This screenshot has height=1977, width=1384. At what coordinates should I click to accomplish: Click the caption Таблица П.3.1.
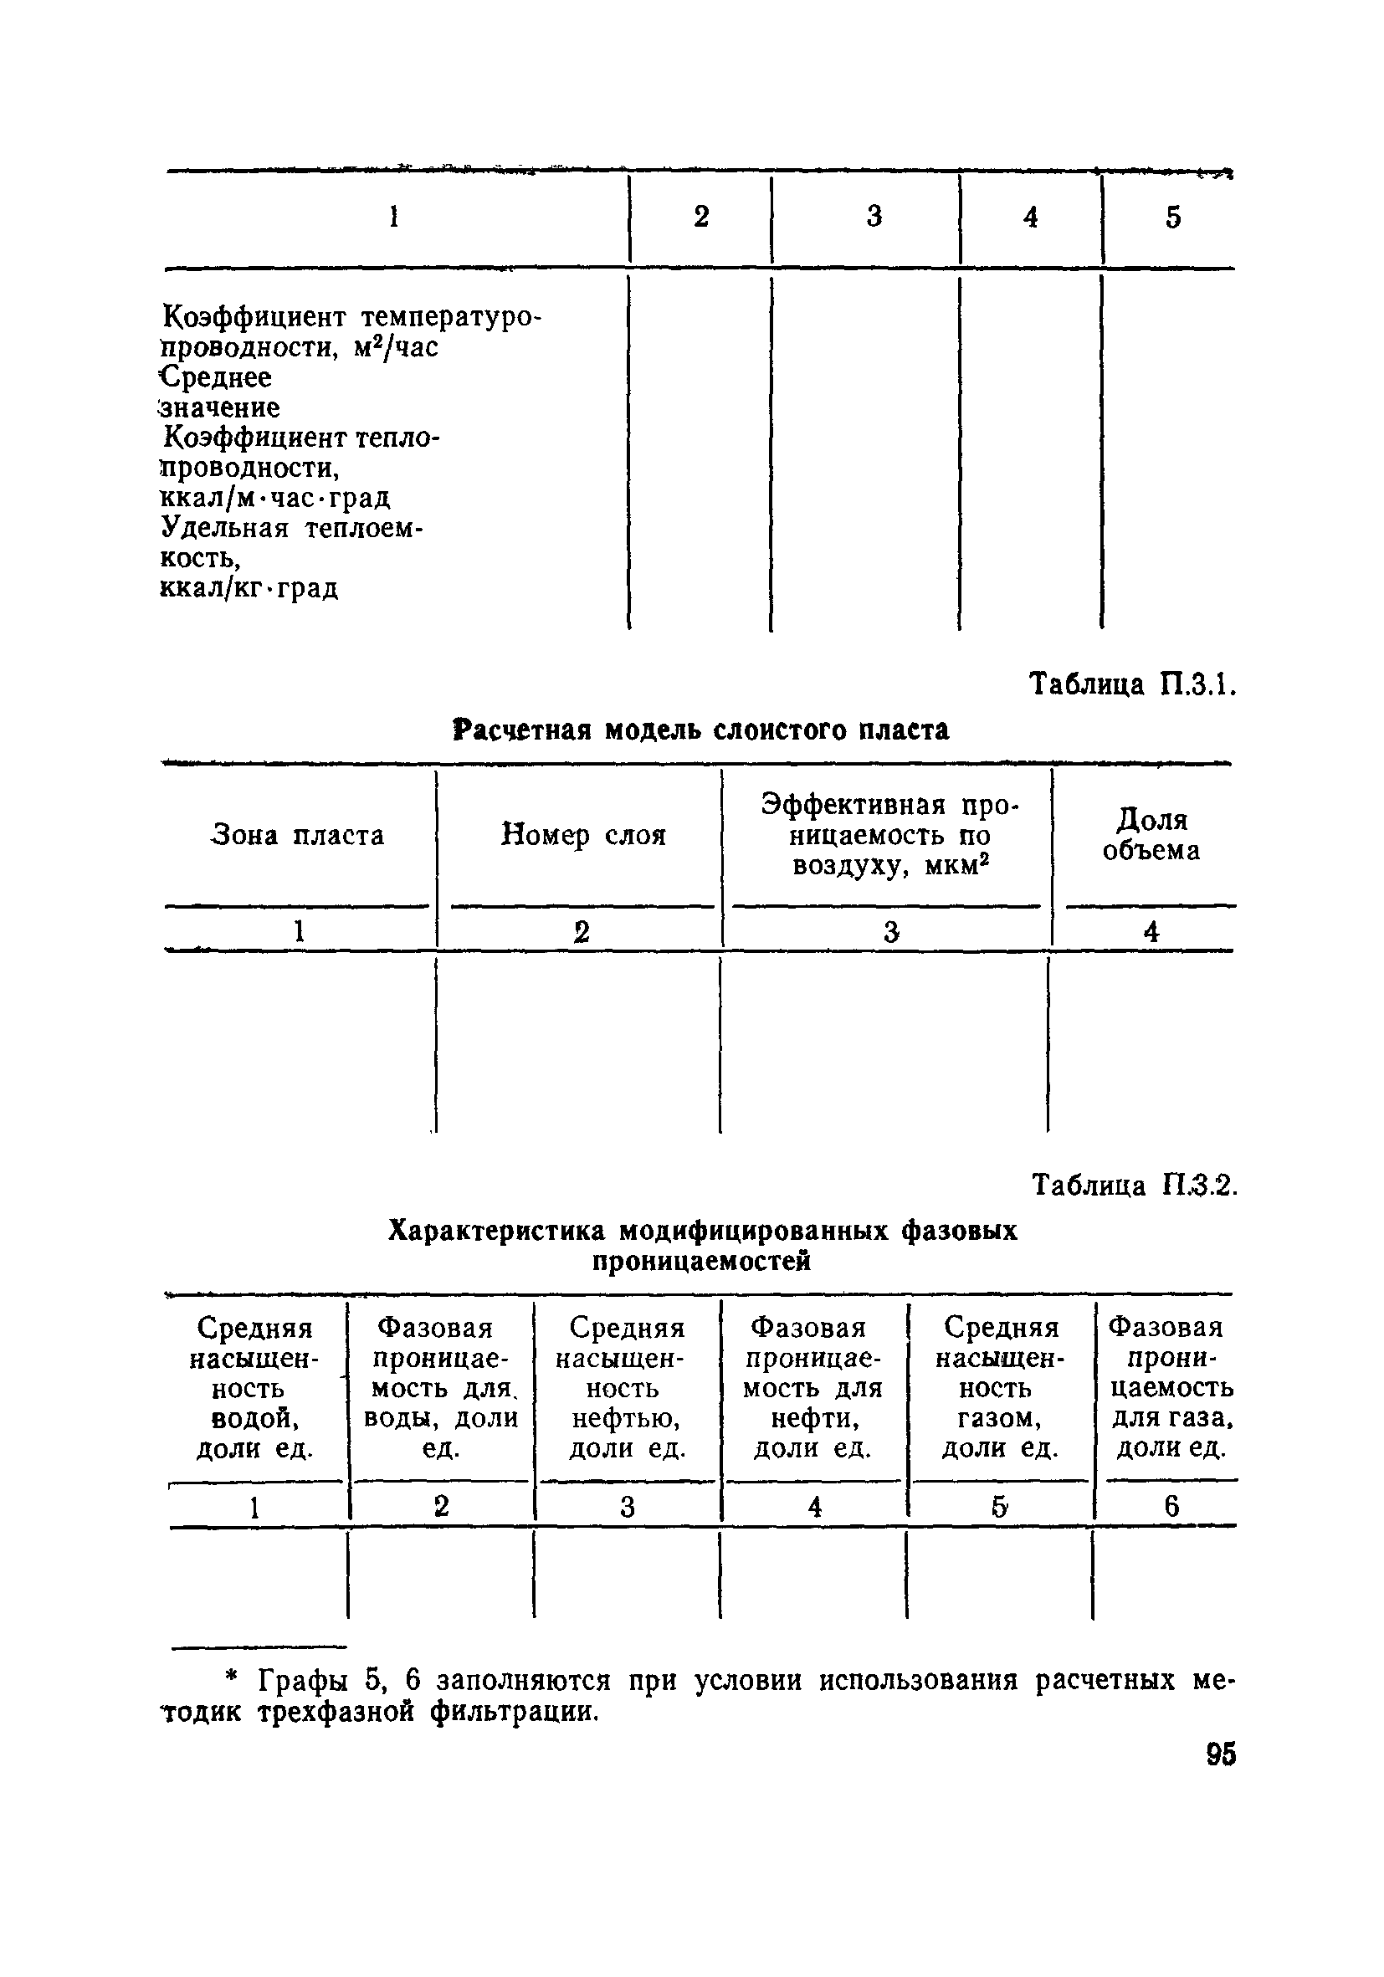(x=1132, y=685)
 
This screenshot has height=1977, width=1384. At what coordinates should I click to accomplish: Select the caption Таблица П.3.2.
(x=1133, y=1186)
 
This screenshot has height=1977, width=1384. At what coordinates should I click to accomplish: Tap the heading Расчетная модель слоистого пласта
(x=701, y=730)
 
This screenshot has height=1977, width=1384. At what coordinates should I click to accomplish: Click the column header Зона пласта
(x=297, y=835)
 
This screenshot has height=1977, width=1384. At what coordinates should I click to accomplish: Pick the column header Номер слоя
(x=583, y=835)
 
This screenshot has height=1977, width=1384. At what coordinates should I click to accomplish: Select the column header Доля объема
(x=1151, y=834)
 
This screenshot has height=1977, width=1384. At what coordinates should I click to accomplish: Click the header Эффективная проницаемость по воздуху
(x=889, y=835)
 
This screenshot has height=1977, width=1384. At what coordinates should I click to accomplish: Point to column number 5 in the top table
(x=1173, y=217)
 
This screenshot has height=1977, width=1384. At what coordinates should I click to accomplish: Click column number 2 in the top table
(x=701, y=217)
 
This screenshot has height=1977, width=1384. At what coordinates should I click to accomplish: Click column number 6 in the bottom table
(x=1171, y=1506)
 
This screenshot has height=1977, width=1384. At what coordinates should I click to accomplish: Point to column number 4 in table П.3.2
(x=815, y=1506)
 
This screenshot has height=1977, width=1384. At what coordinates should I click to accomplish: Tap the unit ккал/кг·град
(x=249, y=588)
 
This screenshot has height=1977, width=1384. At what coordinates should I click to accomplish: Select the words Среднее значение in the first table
(x=219, y=392)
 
